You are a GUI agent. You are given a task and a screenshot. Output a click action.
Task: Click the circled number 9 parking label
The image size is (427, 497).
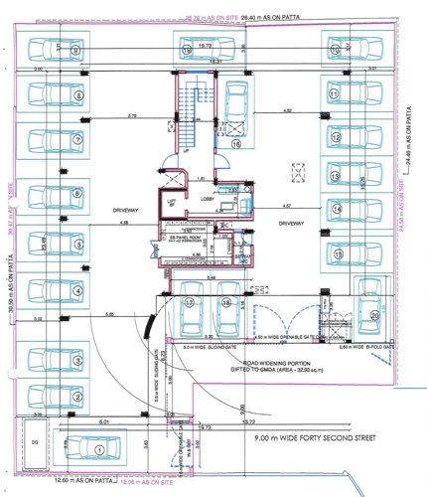coord(75,49)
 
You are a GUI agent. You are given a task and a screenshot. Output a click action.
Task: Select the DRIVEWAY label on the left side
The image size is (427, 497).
coord(111,210)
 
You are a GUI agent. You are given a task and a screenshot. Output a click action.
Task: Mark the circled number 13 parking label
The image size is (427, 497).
coord(335,175)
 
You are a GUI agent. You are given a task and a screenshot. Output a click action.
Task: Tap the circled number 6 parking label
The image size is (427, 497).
coord(76,193)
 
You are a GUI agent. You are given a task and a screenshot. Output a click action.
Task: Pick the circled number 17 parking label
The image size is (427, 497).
coord(189,302)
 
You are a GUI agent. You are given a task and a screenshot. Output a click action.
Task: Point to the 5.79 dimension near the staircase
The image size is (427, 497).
coord(132,118)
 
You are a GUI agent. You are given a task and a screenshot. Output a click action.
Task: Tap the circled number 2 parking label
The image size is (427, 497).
coord(76,398)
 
